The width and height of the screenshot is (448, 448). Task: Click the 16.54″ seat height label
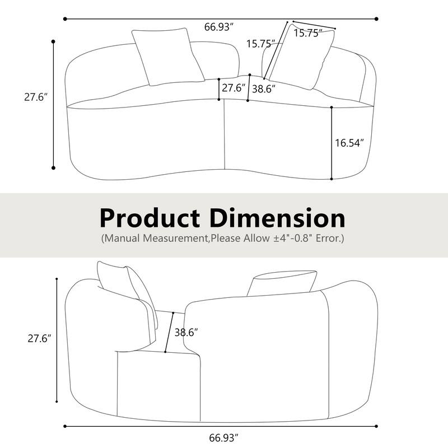click(349, 143)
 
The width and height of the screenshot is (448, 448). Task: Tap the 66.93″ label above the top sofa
click(218, 27)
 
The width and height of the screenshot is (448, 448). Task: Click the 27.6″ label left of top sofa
click(35, 96)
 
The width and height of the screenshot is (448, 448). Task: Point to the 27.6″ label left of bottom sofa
click(40, 338)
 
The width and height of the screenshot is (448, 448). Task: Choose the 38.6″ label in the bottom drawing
click(186, 332)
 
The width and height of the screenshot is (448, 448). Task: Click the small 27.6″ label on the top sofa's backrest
click(234, 88)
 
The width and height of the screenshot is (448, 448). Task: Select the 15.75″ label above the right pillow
click(306, 34)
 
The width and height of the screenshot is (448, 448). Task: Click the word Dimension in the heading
click(277, 217)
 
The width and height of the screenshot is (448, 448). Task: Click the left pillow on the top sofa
click(167, 56)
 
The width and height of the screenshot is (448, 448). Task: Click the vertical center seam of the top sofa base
click(224, 134)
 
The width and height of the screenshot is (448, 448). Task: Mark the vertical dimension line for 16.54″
click(332, 143)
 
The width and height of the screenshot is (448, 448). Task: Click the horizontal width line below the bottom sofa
click(140, 426)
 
